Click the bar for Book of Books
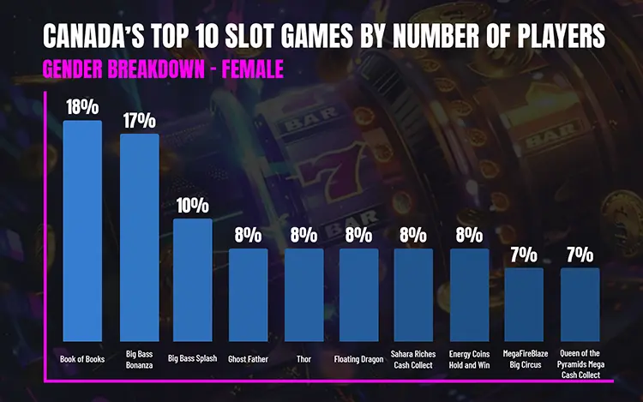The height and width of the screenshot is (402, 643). coord(82,231)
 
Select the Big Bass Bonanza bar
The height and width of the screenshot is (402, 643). coord(138,237)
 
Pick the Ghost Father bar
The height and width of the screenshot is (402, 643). coord(248,295)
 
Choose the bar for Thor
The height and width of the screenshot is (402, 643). coord(303,295)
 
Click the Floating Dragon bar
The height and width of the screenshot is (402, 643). coord(358,295)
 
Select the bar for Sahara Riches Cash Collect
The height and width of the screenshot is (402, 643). coord(413,295)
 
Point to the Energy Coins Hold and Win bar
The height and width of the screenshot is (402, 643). coord(469,295)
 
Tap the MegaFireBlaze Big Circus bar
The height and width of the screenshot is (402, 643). coord(524,304)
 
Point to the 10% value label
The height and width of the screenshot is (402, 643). coord(193,205)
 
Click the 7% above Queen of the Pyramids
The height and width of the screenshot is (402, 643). coord(580,254)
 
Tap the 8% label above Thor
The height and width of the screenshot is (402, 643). coord(303,235)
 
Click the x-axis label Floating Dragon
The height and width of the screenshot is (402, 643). coord(358,359)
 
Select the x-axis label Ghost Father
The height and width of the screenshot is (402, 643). coord(248,359)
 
